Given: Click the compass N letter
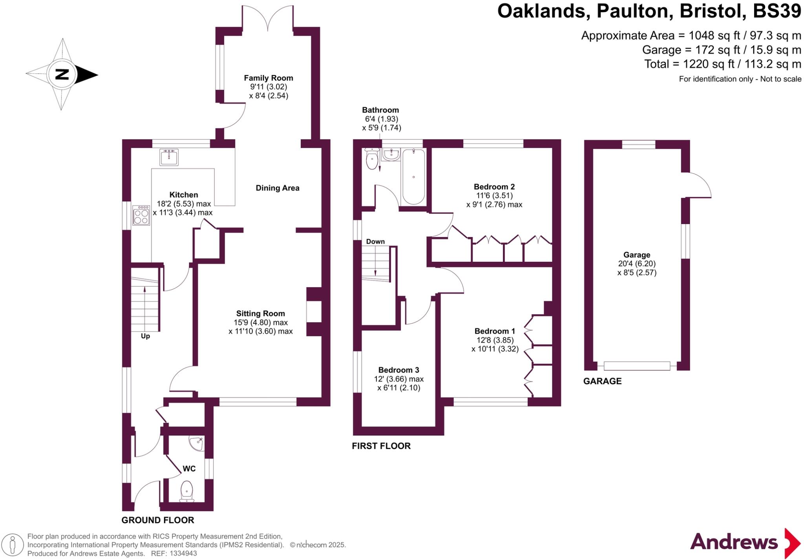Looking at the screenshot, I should tap(62, 74).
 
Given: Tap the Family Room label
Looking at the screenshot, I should tap(269, 78).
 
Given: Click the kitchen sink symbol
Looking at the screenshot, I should tap(169, 157).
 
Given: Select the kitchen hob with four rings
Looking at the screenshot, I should tap(141, 215).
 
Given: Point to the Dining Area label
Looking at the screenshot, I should tap(278, 188).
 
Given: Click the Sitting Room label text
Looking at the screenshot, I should tap(261, 314).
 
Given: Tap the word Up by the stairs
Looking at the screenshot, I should tap(145, 336).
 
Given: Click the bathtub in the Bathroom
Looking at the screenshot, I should tap(413, 177).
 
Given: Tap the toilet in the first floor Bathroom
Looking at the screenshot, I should tap(371, 159).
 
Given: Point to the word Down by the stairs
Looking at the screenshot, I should tap(375, 242).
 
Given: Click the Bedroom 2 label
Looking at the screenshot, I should tap(494, 187).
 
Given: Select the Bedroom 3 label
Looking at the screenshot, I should tap(398, 370).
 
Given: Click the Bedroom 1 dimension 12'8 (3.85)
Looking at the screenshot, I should tap(495, 340).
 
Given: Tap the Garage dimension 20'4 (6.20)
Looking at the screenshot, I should tap(637, 264).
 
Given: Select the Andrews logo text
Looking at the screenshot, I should tap(734, 542).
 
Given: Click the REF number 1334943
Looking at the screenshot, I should tap(183, 554).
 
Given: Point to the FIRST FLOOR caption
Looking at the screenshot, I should tap(381, 446).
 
